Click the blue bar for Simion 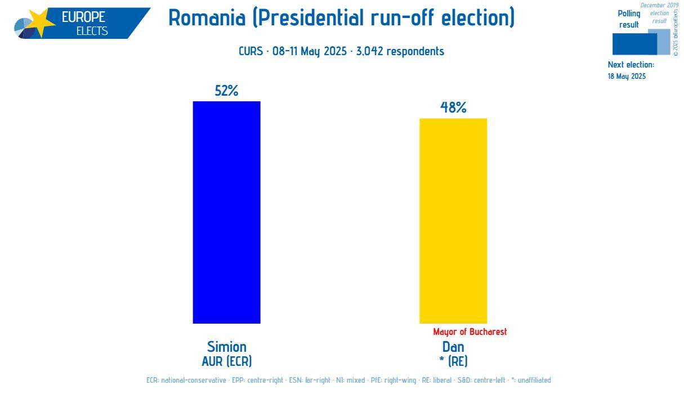pos(226,212)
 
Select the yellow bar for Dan pos(453,221)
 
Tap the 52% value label pos(226,91)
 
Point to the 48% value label pos(453,108)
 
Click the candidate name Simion pos(226,346)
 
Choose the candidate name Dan pos(453,347)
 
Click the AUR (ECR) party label pos(226,361)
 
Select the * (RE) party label pos(453,361)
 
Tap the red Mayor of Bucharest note pos(470,332)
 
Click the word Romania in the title pos(207,18)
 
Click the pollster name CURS pos(251,51)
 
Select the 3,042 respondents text pos(400,51)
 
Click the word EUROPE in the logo pos(83,17)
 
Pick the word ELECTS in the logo pos(92,31)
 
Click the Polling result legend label pos(629,19)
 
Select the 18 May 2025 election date pos(627,76)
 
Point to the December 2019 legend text pos(659,5)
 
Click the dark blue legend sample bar pos(634,44)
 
